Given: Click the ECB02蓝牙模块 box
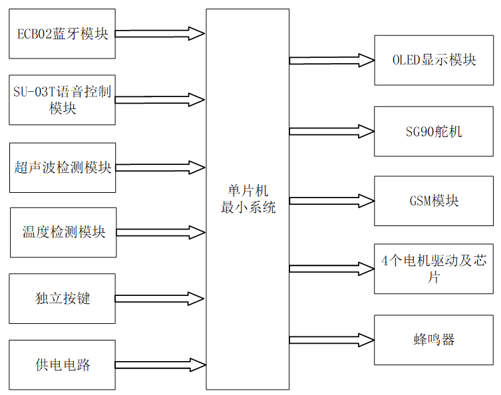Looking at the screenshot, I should pyautogui.click(x=62, y=34).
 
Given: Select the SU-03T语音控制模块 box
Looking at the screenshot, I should pyautogui.click(x=62, y=100).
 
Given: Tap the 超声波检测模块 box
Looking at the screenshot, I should pyautogui.click(x=62, y=168).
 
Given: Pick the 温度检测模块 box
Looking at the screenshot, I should pyautogui.click(x=62, y=233).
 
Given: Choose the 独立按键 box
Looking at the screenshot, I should pyautogui.click(x=62, y=299).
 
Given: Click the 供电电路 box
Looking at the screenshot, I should pyautogui.click(x=62, y=364).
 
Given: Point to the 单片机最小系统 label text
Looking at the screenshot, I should pyautogui.click(x=248, y=199).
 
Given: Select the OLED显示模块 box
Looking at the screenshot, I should pyautogui.click(x=434, y=61).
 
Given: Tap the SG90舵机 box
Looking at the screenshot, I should pyautogui.click(x=434, y=131).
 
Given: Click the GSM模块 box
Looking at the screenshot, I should pyautogui.click(x=434, y=201).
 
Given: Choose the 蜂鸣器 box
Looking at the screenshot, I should pyautogui.click(x=434, y=340).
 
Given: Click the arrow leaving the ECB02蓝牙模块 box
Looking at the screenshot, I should pyautogui.click(x=160, y=34).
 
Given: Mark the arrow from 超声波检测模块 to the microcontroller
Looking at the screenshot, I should pyautogui.click(x=160, y=167).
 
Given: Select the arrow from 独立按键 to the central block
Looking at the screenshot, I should pyautogui.click(x=160, y=299).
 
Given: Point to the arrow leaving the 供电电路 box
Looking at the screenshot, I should pyautogui.click(x=160, y=364).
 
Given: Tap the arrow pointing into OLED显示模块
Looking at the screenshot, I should pyautogui.click(x=332, y=61).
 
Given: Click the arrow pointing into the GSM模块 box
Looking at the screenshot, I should pyautogui.click(x=332, y=201).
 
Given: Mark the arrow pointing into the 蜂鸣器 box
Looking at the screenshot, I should pyautogui.click(x=332, y=340).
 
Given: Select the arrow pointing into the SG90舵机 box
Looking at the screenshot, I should pyautogui.click(x=332, y=130).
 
